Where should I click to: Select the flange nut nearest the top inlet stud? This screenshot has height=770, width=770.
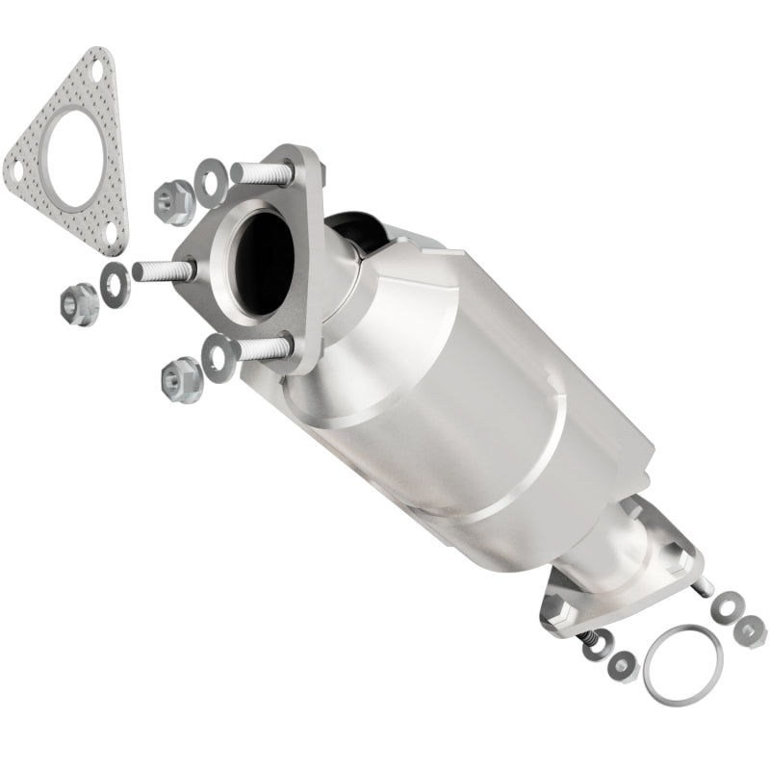[173, 200]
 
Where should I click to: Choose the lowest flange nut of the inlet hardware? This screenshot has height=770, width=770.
[178, 377]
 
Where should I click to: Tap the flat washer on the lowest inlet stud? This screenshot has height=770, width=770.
[218, 353]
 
